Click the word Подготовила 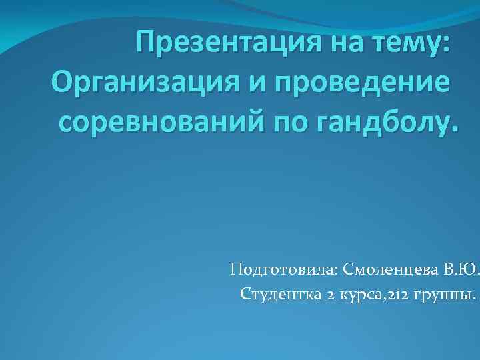[x=284, y=269]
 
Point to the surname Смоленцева [x=391, y=269]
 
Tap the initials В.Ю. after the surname [x=461, y=269]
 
